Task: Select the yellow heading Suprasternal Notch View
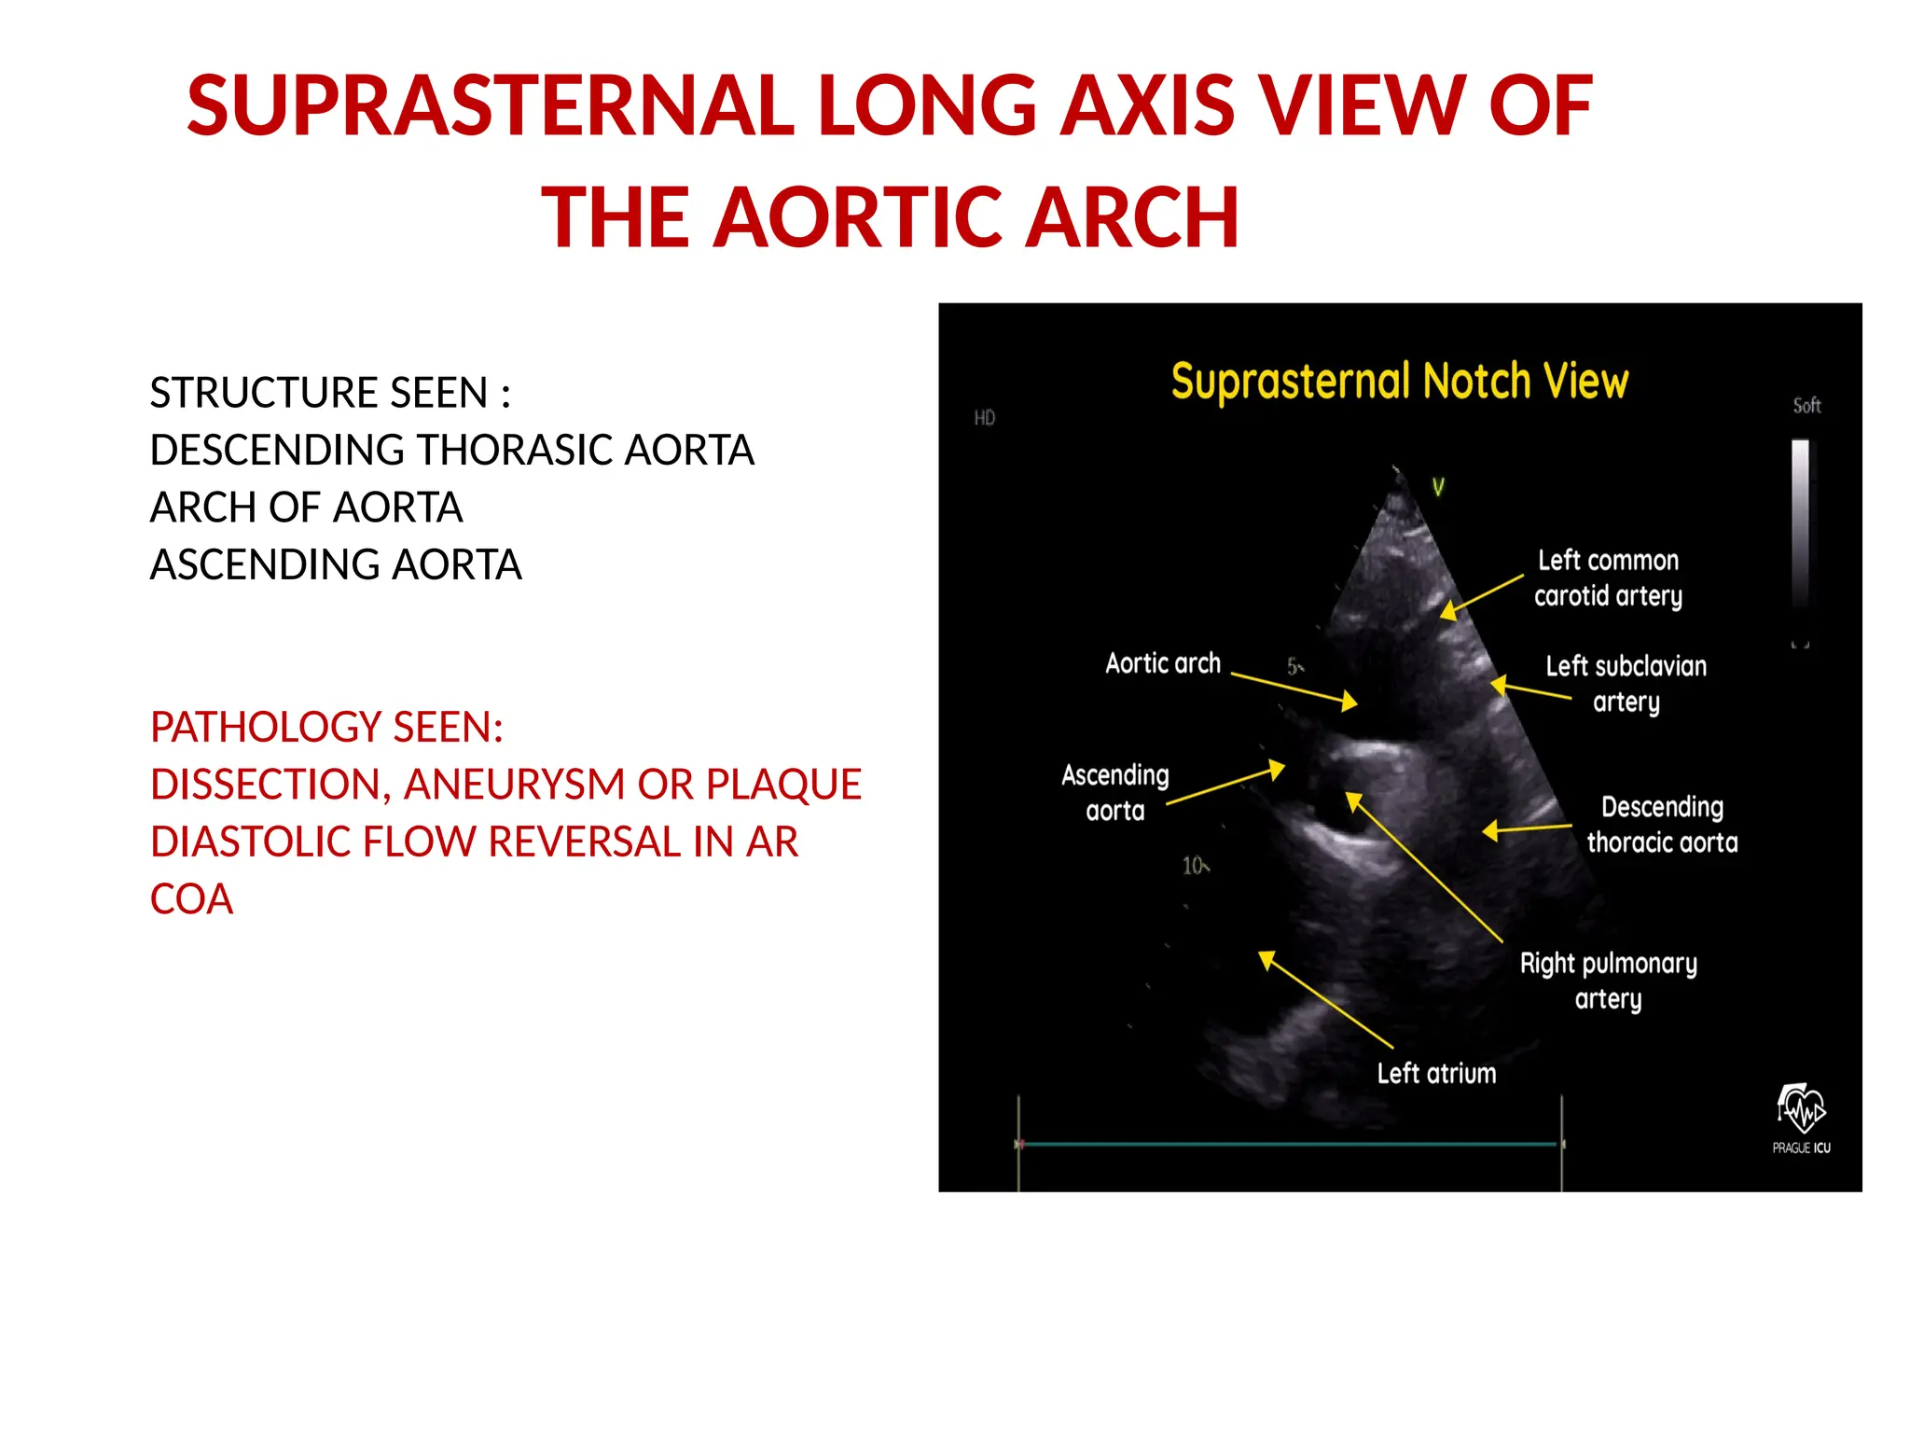1399,382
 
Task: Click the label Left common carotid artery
1608,578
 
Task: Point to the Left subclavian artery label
1626,684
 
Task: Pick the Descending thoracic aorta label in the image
1662,825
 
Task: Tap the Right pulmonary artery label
1608,981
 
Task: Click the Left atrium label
1436,1074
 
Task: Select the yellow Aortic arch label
1163,663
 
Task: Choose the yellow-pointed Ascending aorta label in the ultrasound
1114,793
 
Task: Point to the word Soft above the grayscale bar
1806,406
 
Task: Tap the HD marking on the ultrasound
985,418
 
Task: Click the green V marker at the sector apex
1438,487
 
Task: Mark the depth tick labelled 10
1194,866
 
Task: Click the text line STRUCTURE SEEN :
330,393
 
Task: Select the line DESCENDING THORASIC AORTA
451,451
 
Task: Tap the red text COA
191,899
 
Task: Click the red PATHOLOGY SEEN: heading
326,728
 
